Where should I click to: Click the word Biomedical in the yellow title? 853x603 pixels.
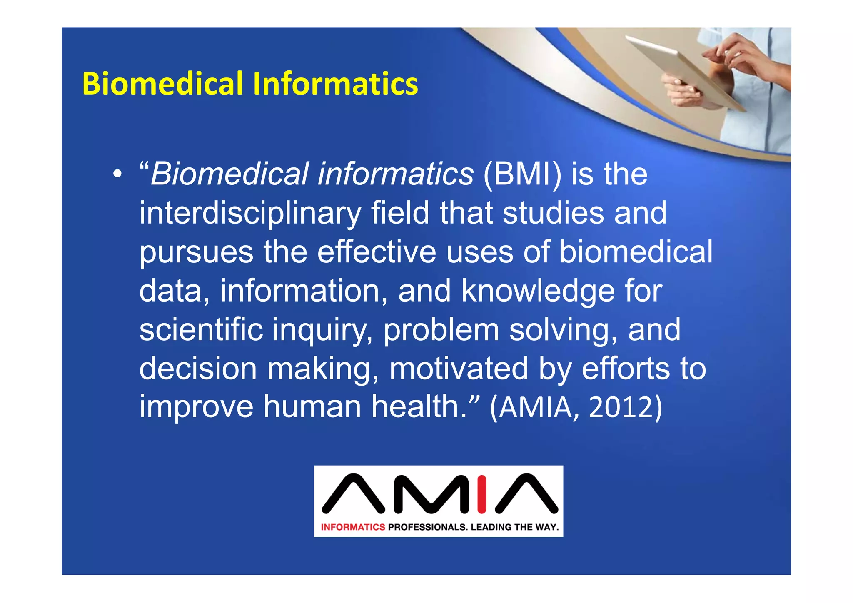pos(162,84)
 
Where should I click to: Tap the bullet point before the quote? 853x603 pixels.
pos(118,174)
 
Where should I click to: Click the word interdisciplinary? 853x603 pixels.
pos(250,213)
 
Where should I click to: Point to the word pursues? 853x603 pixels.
pos(196,252)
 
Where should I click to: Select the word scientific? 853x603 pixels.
pos(201,329)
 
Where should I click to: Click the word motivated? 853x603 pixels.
pos(459,369)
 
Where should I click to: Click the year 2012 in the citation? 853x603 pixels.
pos(625,407)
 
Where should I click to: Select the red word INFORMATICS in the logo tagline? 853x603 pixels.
pos(353,527)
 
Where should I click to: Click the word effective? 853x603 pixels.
pos(377,252)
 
